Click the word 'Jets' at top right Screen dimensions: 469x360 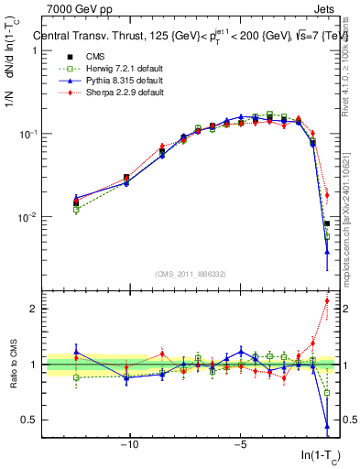tap(327, 8)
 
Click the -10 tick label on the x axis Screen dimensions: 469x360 tap(129, 446)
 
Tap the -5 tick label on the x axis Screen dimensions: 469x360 tap(239, 446)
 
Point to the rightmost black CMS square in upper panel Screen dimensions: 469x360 tap(327, 224)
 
